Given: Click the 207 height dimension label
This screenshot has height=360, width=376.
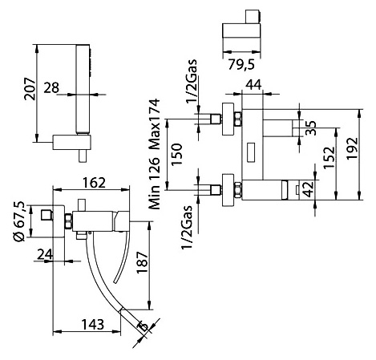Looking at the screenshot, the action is tap(30, 89).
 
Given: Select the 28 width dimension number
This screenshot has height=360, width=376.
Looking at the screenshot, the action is tap(51, 87).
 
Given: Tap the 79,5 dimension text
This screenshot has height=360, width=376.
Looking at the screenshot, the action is tap(241, 64).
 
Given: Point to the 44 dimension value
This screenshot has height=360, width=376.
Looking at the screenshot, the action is tap(253, 85).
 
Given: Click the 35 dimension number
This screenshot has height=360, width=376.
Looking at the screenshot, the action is tap(311, 127).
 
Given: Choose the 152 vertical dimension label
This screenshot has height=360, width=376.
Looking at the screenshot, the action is tap(329, 157).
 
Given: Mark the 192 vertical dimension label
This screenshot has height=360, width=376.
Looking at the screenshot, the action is tap(352, 148).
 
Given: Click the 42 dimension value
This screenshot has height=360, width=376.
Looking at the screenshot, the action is tap(309, 189).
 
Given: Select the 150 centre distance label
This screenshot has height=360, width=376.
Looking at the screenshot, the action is tap(176, 155).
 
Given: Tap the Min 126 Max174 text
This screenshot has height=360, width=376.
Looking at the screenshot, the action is tap(155, 154).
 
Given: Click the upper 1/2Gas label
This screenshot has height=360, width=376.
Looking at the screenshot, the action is tap(192, 81).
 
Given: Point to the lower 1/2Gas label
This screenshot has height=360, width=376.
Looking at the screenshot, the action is tap(187, 227).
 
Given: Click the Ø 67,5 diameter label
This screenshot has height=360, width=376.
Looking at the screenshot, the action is tap(19, 221).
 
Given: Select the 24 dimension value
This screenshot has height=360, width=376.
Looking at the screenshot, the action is tap(45, 254).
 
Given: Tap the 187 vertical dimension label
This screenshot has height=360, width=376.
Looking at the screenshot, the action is tap(142, 262).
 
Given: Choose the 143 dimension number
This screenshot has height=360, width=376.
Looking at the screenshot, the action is tap(92, 325).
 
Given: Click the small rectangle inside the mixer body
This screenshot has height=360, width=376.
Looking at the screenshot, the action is tap(251, 152).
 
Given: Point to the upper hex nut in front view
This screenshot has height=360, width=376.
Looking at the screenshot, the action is tap(237, 119).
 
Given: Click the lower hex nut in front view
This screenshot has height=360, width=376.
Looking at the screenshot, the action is tap(237, 190).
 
